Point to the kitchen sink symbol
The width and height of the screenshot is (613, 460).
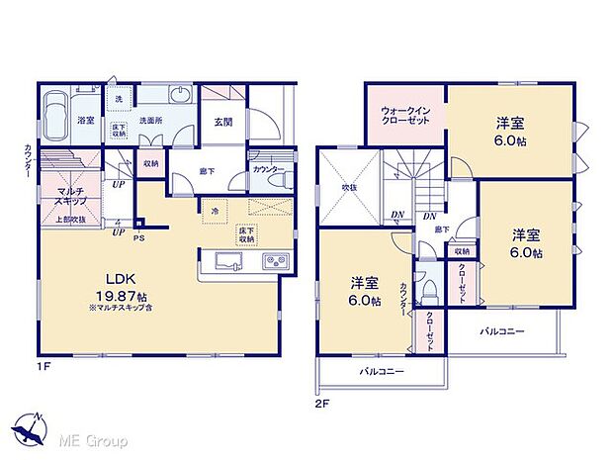224,262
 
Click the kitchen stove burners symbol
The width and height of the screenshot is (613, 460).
272,262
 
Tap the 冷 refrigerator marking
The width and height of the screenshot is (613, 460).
215,209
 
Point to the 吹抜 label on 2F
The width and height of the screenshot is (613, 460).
349,185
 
